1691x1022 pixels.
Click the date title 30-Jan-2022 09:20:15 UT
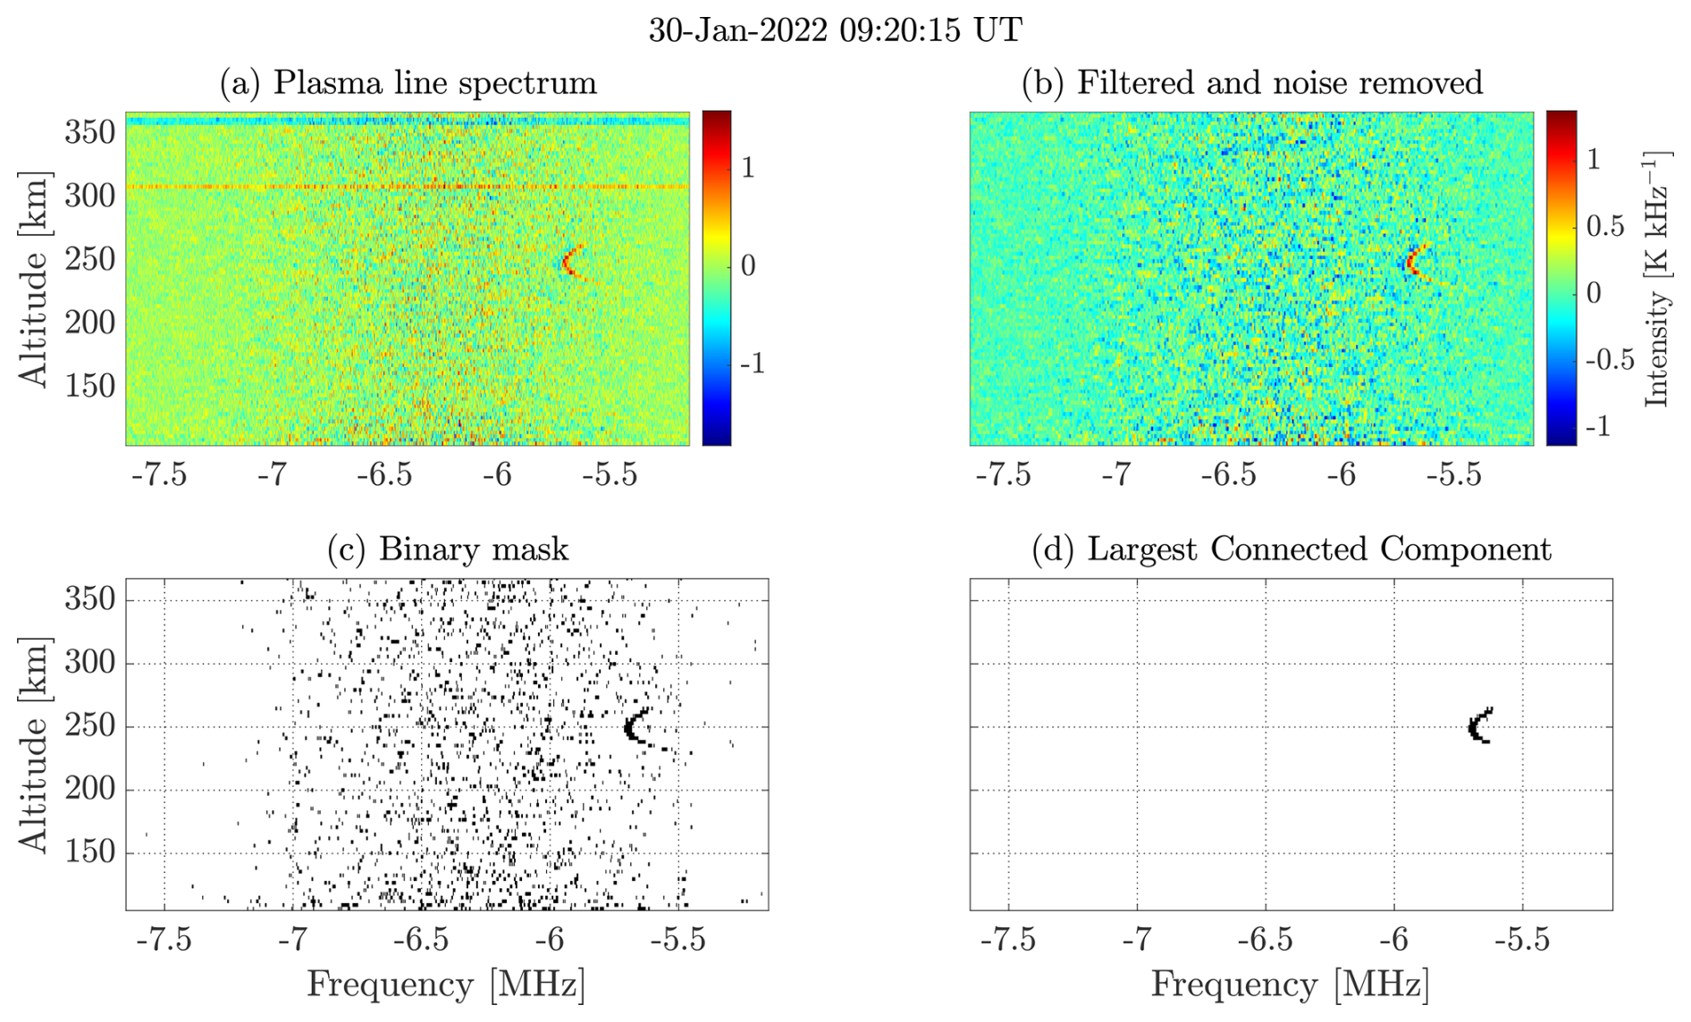tap(835, 30)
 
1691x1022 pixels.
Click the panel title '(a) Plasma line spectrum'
tap(408, 82)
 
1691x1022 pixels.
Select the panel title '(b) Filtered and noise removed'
tap(1251, 82)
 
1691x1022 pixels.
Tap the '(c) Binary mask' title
tap(447, 549)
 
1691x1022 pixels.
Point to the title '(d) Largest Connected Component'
tap(1291, 549)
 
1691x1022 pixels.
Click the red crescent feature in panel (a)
tap(569, 262)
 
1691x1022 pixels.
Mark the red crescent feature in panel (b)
tap(1412, 263)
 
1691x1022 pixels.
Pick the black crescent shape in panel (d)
tap(1478, 726)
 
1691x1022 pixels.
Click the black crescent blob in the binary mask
tap(634, 726)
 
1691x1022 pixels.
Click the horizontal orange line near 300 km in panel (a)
tap(358, 187)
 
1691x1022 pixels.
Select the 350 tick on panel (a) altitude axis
tap(90, 132)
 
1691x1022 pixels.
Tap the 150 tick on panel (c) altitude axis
tap(90, 852)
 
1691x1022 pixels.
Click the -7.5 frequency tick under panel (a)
tap(159, 474)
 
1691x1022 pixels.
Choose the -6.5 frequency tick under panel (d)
tap(1266, 939)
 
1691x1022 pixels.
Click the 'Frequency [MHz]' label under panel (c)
tap(446, 984)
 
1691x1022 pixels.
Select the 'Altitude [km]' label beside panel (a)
tap(34, 280)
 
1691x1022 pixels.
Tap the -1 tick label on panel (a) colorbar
tap(752, 364)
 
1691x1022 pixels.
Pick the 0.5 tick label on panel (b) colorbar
tap(1604, 226)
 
